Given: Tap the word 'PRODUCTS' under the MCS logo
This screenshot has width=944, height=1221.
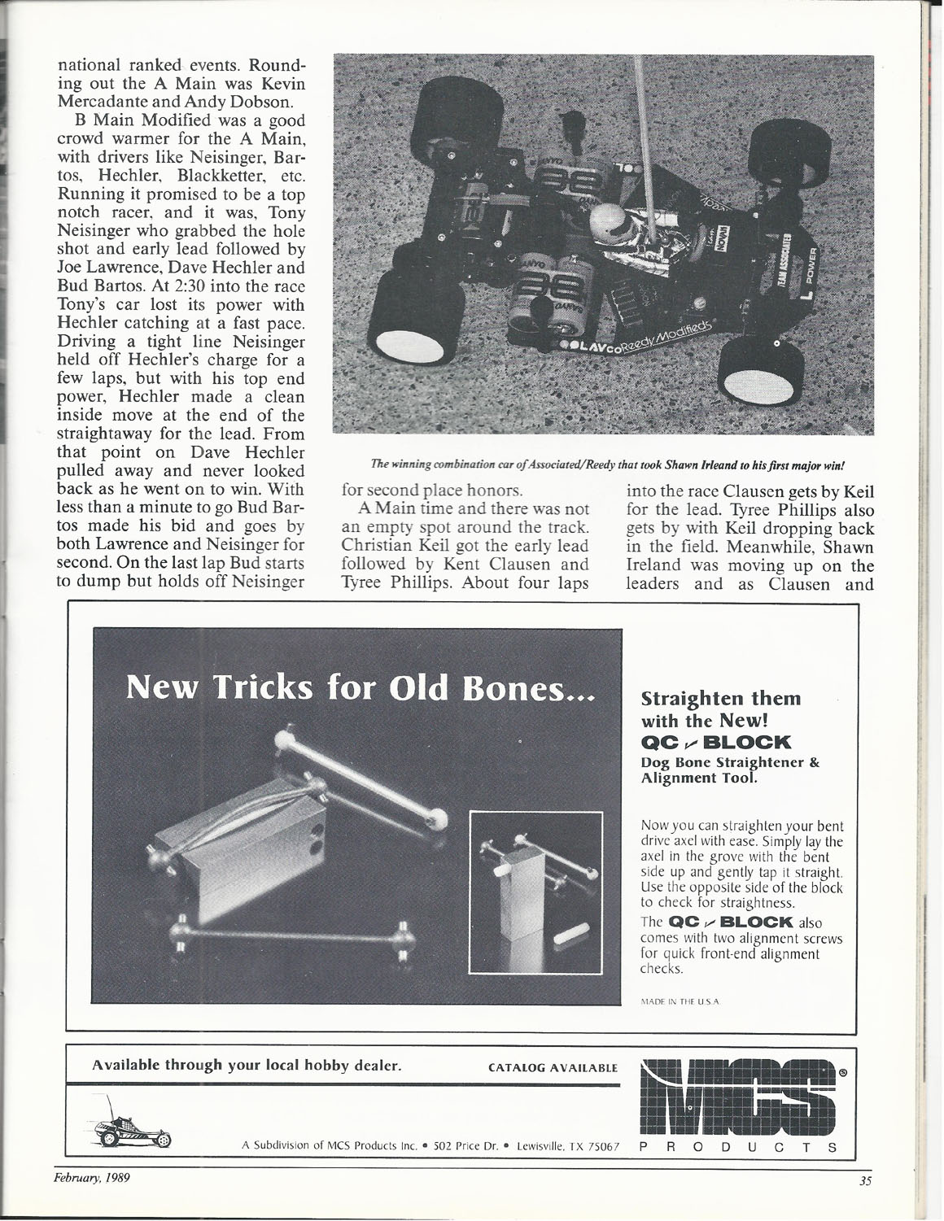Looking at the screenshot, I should point(738,1145).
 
